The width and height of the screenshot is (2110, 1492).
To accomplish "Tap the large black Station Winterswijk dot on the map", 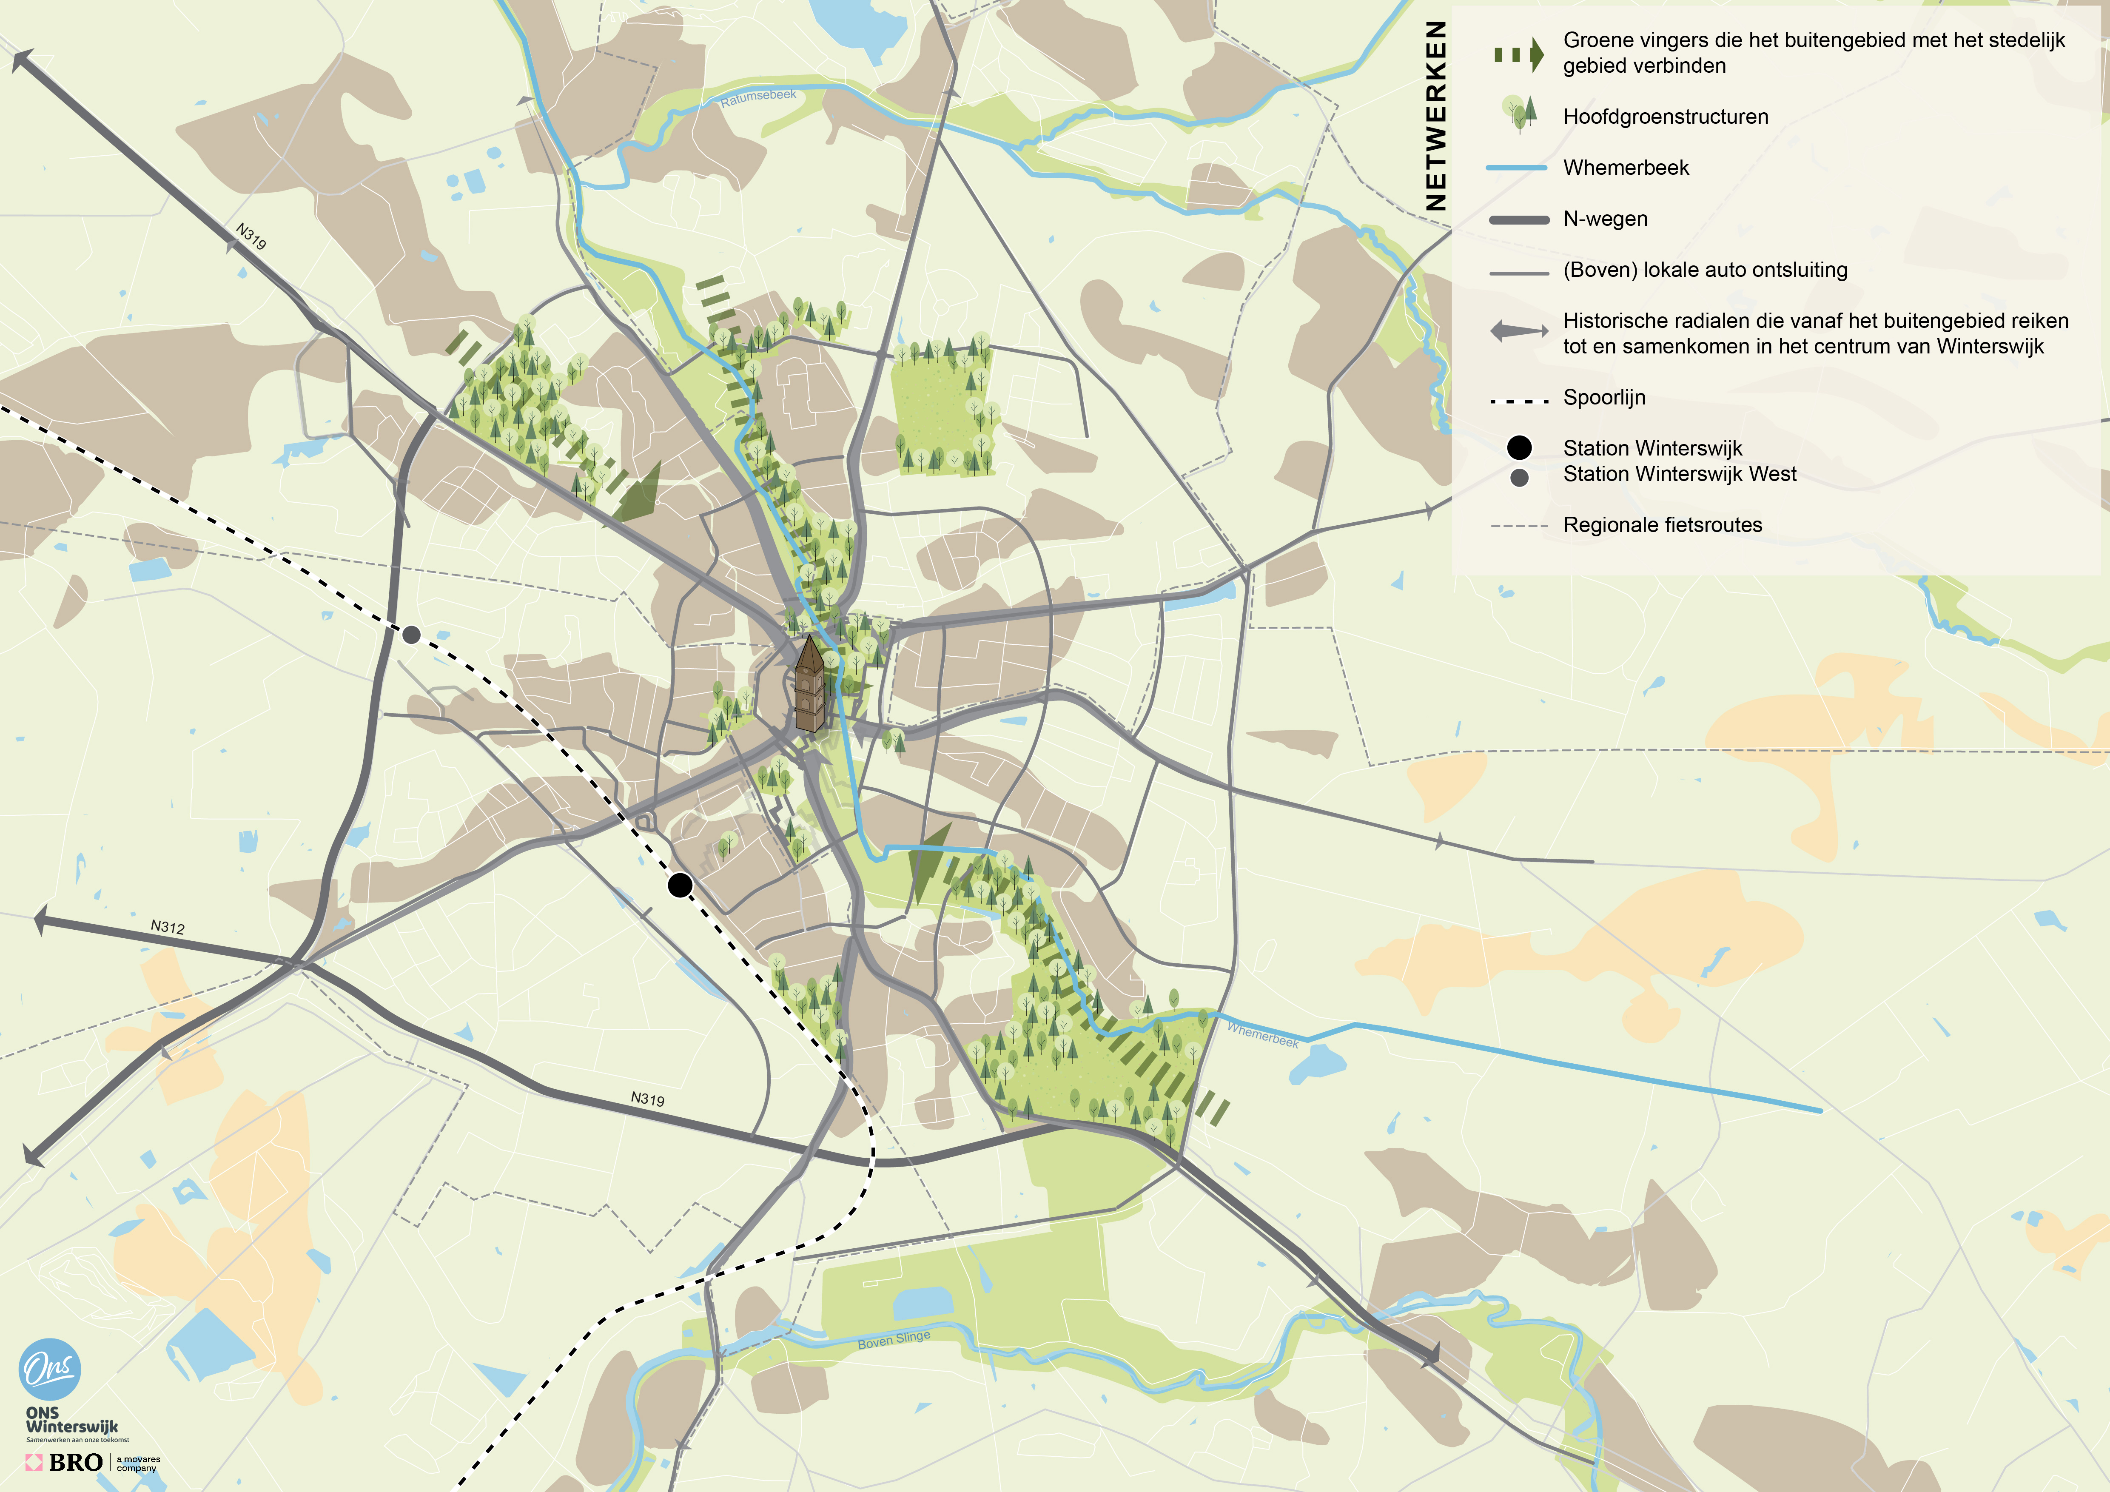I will (680, 885).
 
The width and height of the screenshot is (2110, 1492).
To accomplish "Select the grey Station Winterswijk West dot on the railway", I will (412, 634).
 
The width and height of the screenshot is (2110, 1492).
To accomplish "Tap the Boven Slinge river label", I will (893, 1339).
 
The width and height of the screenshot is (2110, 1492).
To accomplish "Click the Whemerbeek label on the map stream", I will (1263, 1034).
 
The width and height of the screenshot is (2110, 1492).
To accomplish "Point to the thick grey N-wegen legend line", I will (1518, 219).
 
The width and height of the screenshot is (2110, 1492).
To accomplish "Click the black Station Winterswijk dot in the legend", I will (1519, 447).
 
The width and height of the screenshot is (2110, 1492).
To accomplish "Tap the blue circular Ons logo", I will (50, 1369).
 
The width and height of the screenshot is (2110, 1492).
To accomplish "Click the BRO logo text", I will (75, 1462).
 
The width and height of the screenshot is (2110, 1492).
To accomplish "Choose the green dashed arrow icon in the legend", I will (1518, 55).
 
